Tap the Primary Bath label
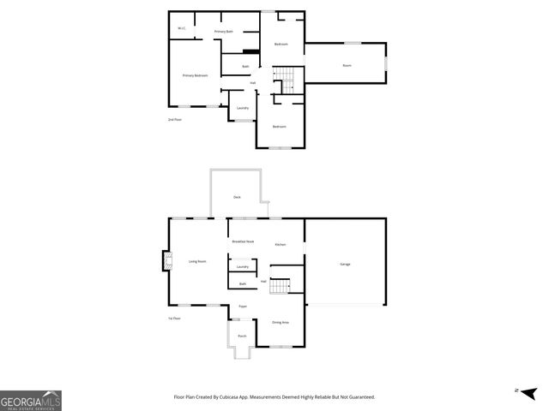tap(224, 32)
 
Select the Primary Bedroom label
tap(196, 75)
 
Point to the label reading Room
tap(347, 65)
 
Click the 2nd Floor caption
tap(175, 120)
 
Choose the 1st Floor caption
tap(175, 319)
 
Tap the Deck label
tap(237, 197)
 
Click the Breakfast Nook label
tap(243, 242)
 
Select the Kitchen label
tap(281, 245)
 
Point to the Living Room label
tap(197, 261)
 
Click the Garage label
tap(345, 264)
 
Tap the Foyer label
tap(243, 306)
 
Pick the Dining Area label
tap(281, 322)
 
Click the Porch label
tap(242, 336)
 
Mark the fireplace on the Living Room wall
tap(165, 260)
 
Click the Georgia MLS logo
tap(31, 401)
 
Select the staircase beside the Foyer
tap(281, 287)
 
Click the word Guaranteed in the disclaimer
tap(359, 397)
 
